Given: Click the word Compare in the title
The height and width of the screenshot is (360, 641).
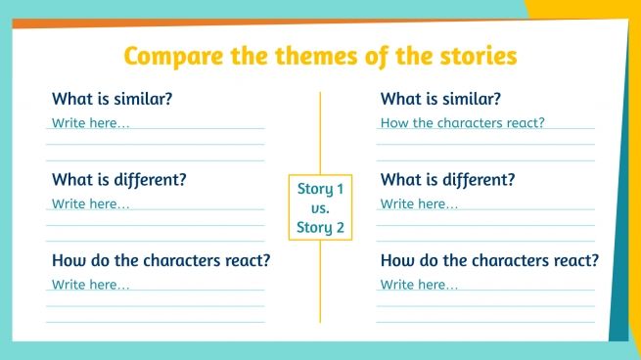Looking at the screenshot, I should point(172,56).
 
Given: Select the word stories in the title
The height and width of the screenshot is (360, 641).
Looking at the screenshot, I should point(474,56).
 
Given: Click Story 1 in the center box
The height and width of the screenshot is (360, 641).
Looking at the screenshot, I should point(321,189).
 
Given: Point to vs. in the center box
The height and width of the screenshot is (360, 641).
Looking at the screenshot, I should point(321,208).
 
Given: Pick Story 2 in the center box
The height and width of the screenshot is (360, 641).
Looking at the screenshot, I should point(321,228).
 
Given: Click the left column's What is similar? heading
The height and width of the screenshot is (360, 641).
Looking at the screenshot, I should point(112,99).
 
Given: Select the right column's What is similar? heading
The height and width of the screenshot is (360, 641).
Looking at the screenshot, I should point(440,99).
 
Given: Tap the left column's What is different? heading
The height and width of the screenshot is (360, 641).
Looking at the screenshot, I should point(118,180).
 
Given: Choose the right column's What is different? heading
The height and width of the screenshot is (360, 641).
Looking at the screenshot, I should point(447,180).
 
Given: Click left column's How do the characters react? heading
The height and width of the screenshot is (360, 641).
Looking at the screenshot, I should point(160,261).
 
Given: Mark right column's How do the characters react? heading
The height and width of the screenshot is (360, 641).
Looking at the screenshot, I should point(489,261).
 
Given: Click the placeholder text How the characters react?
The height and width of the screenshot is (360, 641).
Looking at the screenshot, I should point(462,123).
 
